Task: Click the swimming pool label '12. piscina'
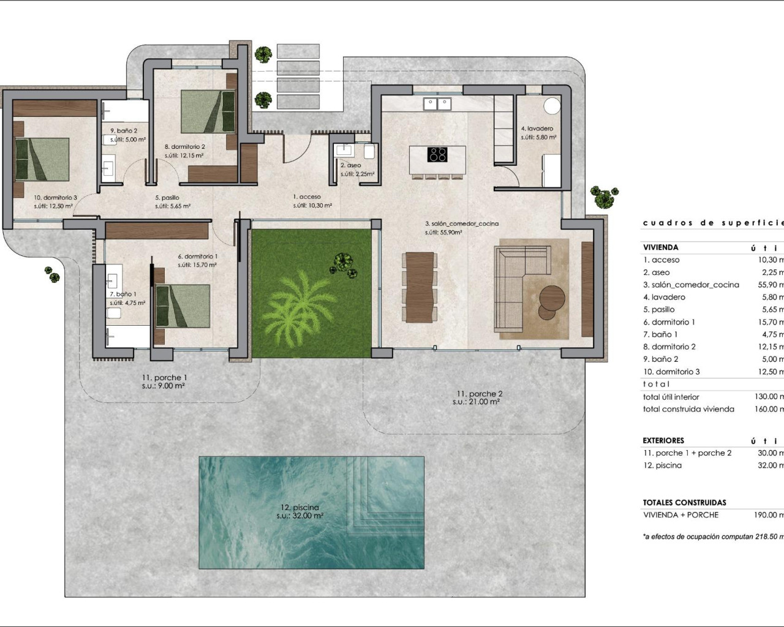[x=300, y=508]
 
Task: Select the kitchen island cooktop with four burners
[x=437, y=154]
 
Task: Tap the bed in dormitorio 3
[x=42, y=159]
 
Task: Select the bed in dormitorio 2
[x=208, y=111]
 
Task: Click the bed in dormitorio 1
[x=183, y=306]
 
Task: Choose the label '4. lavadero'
[x=537, y=129]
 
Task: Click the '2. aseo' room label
[x=351, y=165]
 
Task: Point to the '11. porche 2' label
[x=479, y=394]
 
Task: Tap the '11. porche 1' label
[x=164, y=378]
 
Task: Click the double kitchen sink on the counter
[x=437, y=103]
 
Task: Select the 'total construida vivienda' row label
[x=688, y=409]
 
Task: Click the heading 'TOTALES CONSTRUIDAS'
[x=684, y=502]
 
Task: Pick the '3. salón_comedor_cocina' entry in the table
[x=691, y=285]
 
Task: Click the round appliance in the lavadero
[x=552, y=105]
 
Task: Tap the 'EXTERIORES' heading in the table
[x=663, y=440]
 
